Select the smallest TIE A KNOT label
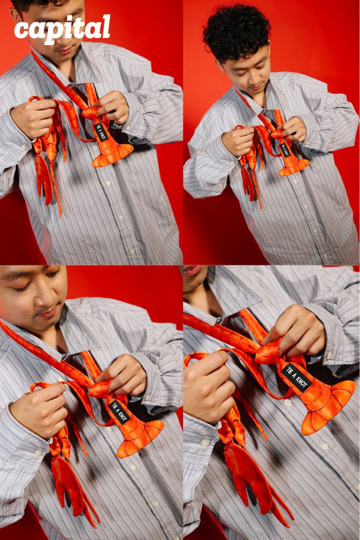click(x=285, y=150)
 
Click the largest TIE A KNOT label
click(x=296, y=378)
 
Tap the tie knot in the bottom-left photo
click(x=100, y=389)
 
